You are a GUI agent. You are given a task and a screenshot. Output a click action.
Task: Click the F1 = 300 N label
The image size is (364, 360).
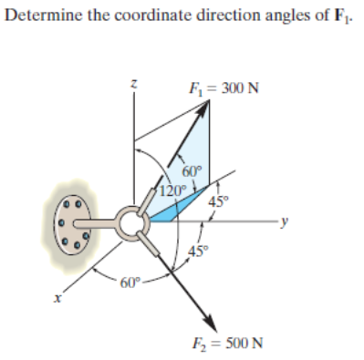coord(223,88)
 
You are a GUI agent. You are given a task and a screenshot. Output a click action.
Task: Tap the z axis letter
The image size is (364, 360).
coord(134,84)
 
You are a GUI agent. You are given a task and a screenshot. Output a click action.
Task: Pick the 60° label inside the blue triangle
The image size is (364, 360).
coord(192,170)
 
